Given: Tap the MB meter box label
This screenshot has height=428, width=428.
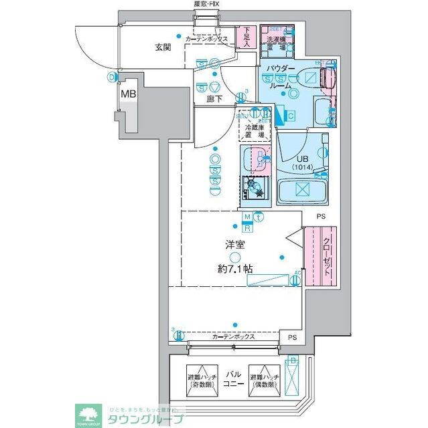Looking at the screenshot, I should pyautogui.click(x=128, y=94).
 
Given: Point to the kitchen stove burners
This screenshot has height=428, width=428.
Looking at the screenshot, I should pyautogui.click(x=255, y=189).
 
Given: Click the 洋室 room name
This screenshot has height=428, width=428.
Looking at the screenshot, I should pyautogui.click(x=234, y=245).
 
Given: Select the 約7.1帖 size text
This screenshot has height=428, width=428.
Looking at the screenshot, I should pyautogui.click(x=234, y=270).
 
